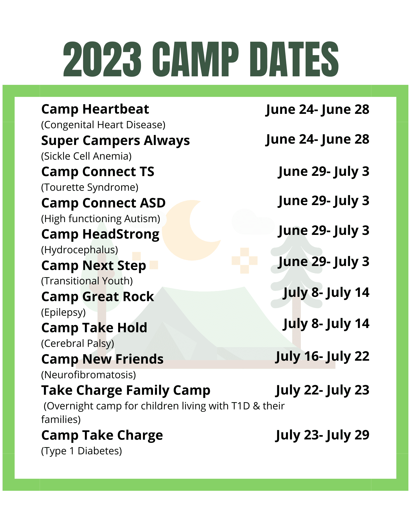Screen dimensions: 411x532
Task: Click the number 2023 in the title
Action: pos(102,59)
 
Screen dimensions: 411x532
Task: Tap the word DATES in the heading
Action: pos(294,59)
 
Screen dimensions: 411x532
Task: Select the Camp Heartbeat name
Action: pos(95,109)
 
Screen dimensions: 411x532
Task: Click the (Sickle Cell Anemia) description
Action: pos(86,156)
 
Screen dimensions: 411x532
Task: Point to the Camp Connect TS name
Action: pos(98,172)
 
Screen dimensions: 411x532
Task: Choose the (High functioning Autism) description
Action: pos(101,219)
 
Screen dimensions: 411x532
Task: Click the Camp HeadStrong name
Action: pos(100,234)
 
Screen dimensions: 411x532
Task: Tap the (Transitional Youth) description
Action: pos(87,281)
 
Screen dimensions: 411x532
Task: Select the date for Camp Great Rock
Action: pos(326,293)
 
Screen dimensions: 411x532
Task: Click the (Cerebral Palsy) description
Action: pos(77,343)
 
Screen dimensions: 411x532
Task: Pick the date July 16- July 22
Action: pos(322,356)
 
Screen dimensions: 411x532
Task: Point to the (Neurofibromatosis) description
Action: pos(88,375)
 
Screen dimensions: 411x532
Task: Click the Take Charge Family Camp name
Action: pos(126,390)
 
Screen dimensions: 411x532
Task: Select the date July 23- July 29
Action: pos(322,435)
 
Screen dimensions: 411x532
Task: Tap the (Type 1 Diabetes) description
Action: pos(81,451)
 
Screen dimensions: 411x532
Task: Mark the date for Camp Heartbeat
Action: pos(317,110)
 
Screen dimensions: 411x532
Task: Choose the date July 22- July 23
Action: pos(322,390)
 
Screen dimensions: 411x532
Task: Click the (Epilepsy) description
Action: pos(63,312)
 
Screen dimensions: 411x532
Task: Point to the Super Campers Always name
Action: pos(115,140)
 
